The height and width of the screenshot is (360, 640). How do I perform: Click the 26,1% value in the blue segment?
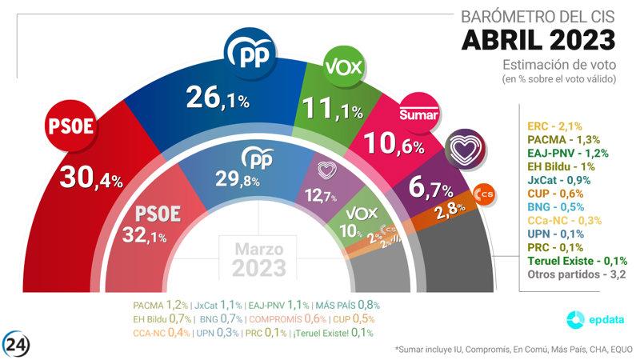[218, 98]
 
